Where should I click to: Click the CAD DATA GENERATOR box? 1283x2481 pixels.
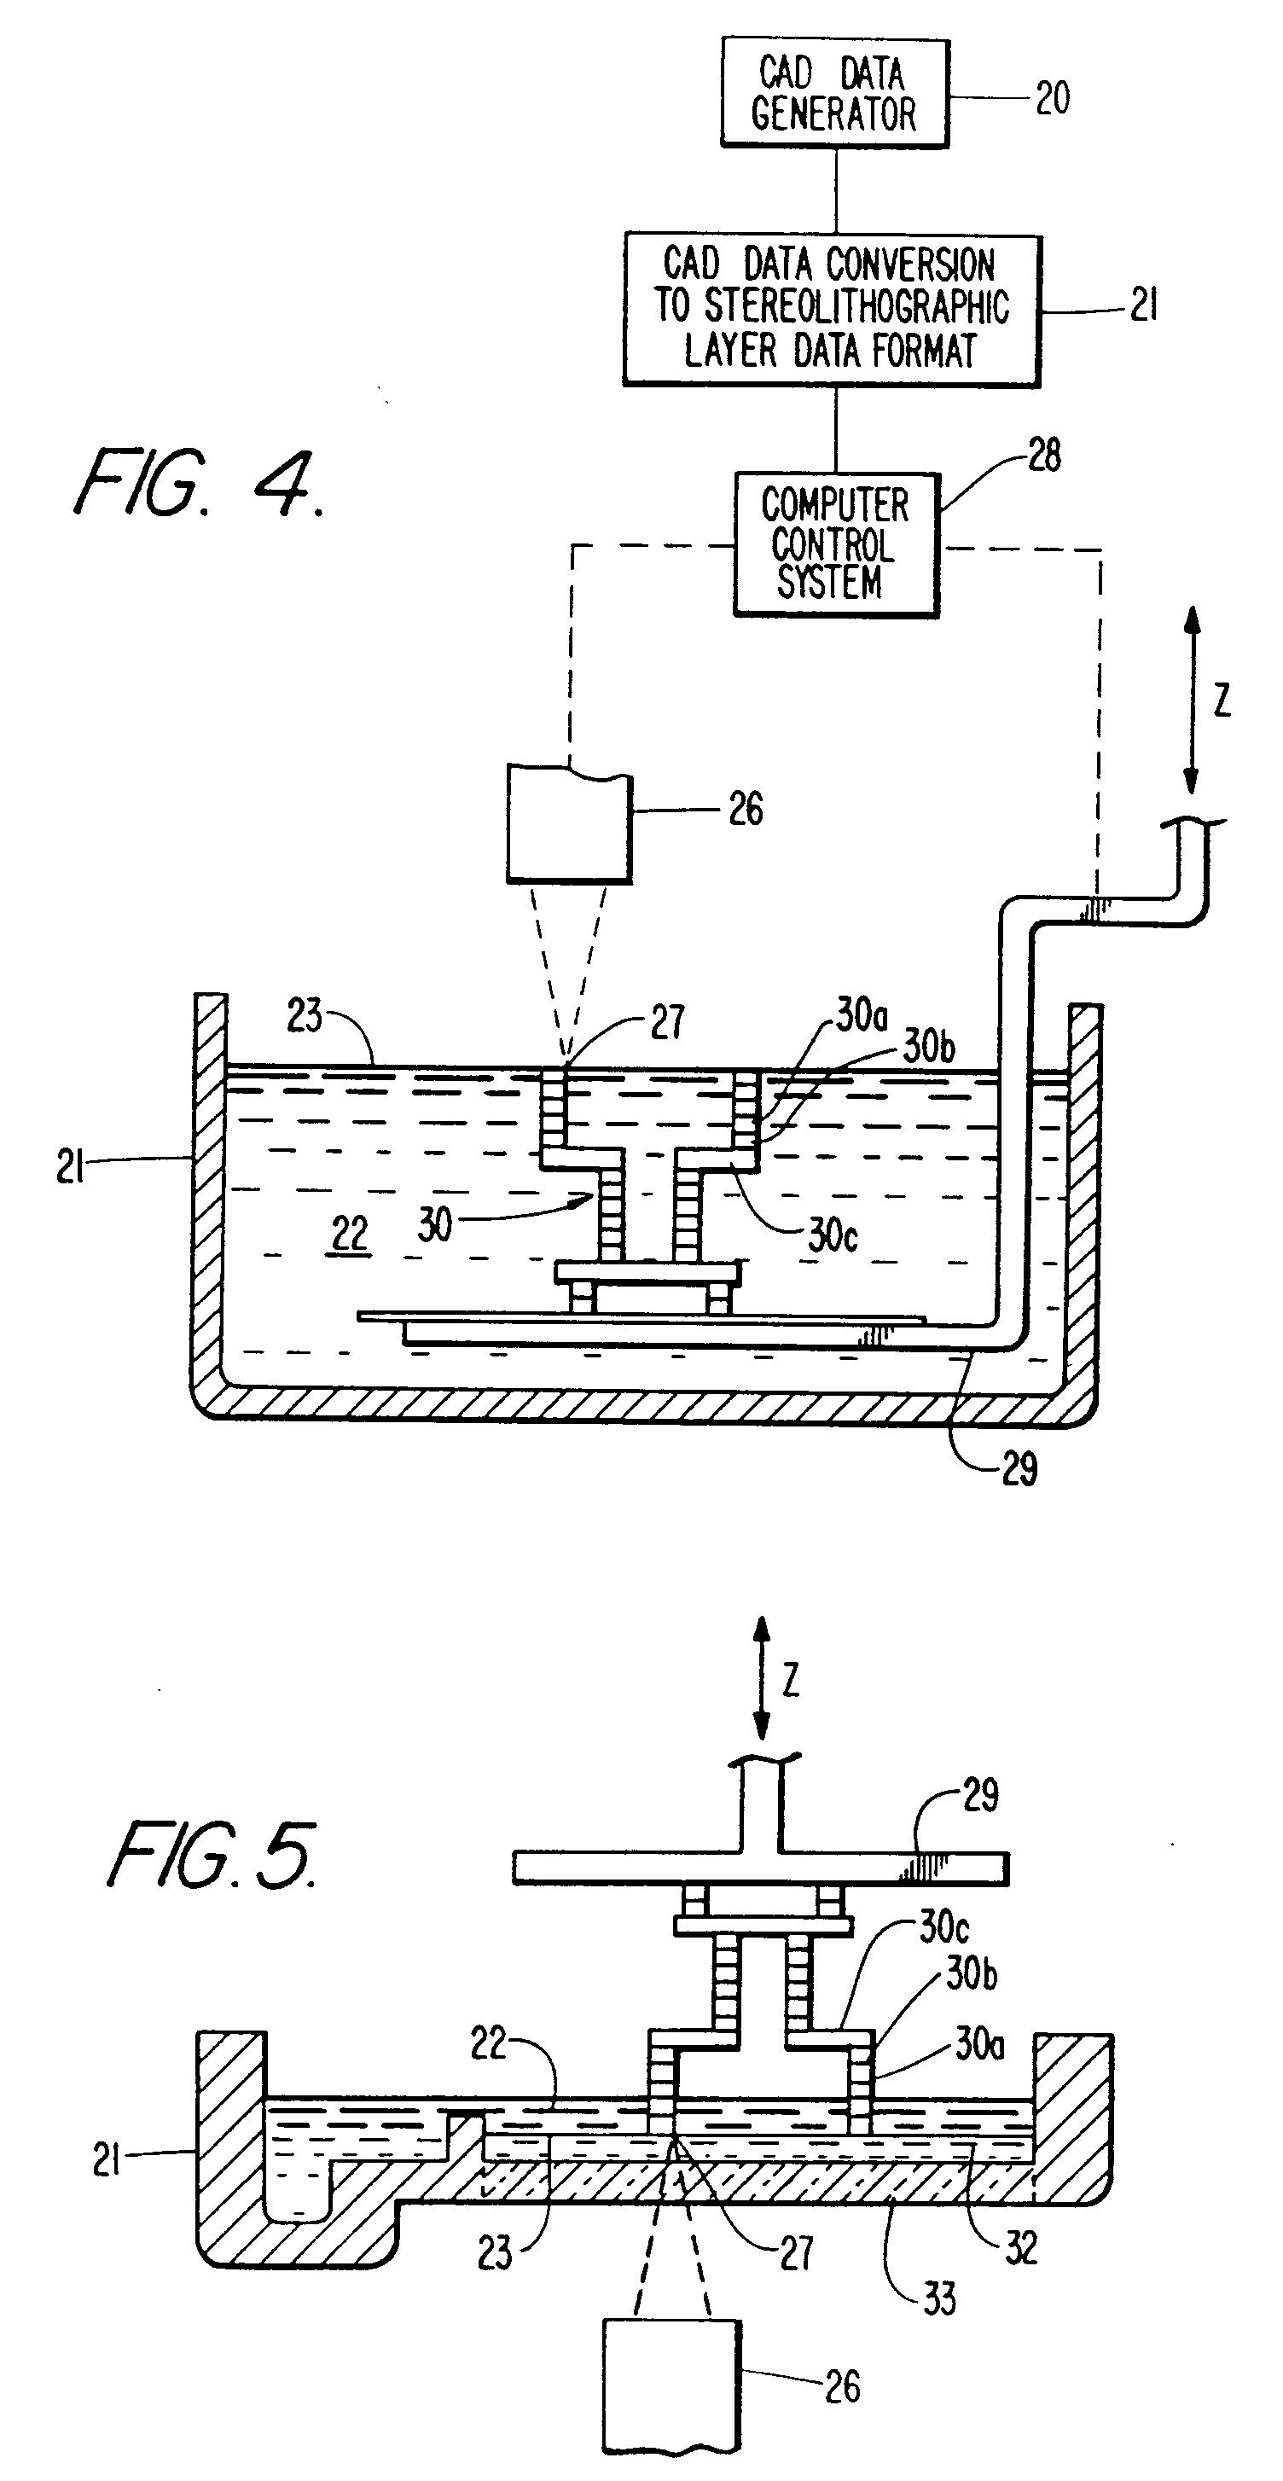(834, 94)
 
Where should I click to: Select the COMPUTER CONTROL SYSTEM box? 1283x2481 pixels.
(835, 544)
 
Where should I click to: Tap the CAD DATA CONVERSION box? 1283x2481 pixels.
(831, 309)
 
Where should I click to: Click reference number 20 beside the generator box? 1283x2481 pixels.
(1052, 98)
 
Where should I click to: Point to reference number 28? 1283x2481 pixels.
(1044, 455)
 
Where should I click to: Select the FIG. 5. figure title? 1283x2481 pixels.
(212, 1855)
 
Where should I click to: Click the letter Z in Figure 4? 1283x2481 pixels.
(1222, 700)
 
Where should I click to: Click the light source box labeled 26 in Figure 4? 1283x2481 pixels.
(569, 823)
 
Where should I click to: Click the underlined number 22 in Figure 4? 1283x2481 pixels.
(349, 1234)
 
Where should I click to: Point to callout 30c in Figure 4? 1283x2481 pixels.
(833, 1235)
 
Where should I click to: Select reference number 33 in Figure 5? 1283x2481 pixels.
(939, 2299)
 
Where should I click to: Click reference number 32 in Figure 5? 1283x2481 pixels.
(1021, 2248)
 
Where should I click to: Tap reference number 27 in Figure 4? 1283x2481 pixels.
(666, 1022)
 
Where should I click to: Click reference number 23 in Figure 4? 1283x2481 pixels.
(305, 1016)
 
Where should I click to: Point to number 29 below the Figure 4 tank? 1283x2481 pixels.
(1019, 1469)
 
